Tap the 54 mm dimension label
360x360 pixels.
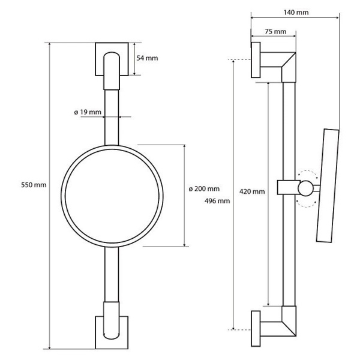coord(148,58)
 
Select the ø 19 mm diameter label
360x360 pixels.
coord(88,112)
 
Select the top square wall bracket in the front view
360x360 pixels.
coord(112,59)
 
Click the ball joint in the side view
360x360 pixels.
coord(308,188)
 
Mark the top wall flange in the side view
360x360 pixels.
coord(256,60)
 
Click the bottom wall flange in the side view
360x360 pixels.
coord(256,329)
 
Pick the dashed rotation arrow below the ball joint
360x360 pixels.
coord(307,203)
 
